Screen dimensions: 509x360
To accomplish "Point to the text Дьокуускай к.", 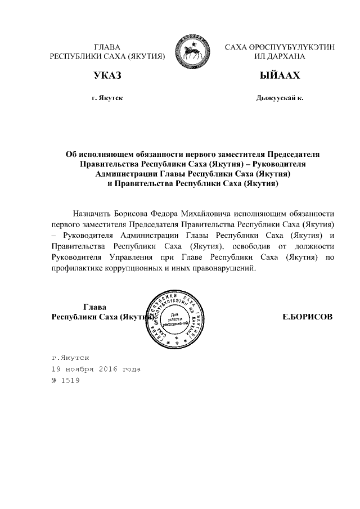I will [x=280, y=98].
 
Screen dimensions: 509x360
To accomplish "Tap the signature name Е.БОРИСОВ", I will [x=307, y=317].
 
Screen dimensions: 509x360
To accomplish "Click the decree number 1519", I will [x=70, y=381].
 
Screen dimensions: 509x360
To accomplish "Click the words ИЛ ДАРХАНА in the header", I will [x=280, y=57].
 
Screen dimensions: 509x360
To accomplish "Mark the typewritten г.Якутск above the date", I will [x=70, y=357].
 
